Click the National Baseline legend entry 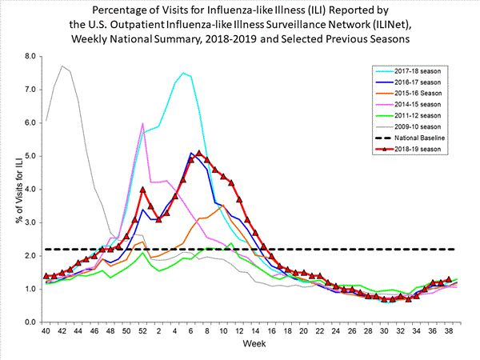pyautogui.click(x=421, y=138)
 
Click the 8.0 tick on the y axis pyautogui.click(x=30, y=57)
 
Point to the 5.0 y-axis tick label pyautogui.click(x=30, y=156)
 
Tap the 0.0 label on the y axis pyautogui.click(x=30, y=322)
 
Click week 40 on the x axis pyautogui.click(x=46, y=331)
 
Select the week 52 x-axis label pyautogui.click(x=142, y=331)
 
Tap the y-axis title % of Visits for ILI pyautogui.click(x=11, y=189)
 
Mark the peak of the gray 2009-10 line pyautogui.click(x=62, y=66)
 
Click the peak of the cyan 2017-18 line pyautogui.click(x=183, y=73)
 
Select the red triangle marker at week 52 pyautogui.click(x=142, y=190)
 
